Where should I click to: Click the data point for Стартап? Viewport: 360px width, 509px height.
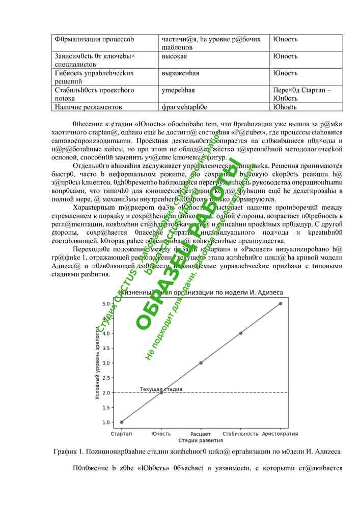[121, 422]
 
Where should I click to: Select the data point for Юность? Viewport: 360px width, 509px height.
[161, 392]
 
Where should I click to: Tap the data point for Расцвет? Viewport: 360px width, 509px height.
[201, 363]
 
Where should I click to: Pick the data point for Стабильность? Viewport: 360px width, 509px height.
[241, 333]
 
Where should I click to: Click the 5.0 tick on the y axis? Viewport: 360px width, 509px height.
[106, 304]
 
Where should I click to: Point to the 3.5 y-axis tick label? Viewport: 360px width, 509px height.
[106, 348]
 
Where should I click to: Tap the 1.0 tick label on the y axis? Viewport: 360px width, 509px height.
[106, 422]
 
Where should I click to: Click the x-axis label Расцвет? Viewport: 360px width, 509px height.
[201, 434]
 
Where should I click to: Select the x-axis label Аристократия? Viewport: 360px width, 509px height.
[280, 434]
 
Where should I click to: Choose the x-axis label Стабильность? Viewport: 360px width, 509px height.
[241, 434]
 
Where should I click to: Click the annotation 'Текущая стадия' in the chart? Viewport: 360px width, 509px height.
[161, 389]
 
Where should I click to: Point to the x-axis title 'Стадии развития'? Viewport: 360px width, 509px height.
[201, 440]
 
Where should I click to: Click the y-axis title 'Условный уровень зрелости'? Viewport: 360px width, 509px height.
[97, 363]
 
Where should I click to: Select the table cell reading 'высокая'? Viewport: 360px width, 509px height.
[174, 56]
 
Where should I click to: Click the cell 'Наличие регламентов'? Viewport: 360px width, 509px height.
[88, 107]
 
